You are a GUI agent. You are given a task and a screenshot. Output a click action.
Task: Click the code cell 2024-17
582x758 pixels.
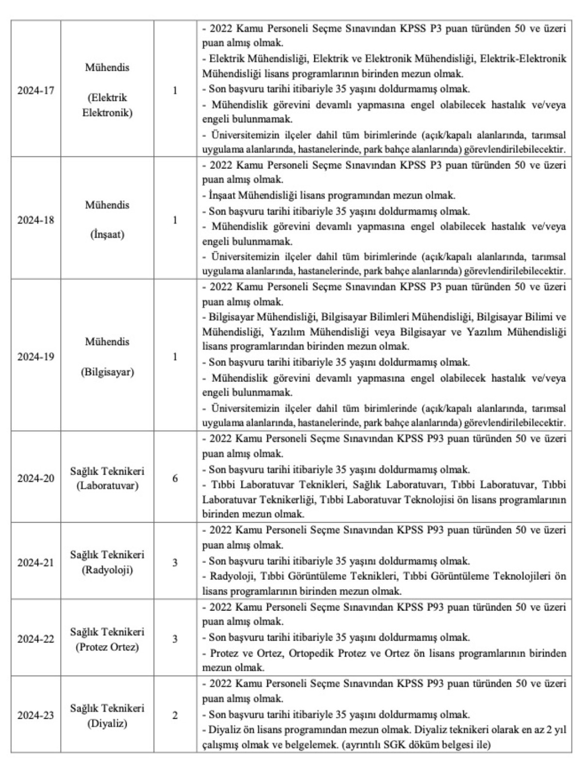point(36,90)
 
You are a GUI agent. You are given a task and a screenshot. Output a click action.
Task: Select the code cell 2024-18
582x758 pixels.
point(36,220)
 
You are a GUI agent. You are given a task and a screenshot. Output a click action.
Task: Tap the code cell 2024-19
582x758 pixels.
point(36,357)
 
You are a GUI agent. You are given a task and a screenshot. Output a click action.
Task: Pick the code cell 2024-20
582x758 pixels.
point(36,478)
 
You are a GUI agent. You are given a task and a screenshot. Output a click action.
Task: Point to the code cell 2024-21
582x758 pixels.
point(36,563)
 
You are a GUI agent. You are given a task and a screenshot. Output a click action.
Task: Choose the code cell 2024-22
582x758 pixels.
point(36,639)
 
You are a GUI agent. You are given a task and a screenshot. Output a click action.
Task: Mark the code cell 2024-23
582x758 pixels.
point(36,716)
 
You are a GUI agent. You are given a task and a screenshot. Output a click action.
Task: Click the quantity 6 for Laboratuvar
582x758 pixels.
point(175,478)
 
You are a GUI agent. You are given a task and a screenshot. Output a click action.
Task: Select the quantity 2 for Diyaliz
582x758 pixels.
point(175,716)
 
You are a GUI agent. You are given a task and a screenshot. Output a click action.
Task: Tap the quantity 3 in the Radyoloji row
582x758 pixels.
point(175,563)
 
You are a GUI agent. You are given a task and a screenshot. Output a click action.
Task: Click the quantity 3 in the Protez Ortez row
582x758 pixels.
point(175,639)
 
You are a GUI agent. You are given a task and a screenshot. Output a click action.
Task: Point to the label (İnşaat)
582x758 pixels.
point(107,235)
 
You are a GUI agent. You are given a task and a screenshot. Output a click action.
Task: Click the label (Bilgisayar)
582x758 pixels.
point(107,372)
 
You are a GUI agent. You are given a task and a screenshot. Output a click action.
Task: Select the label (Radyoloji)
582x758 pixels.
point(107,570)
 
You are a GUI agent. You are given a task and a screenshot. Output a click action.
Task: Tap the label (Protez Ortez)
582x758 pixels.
point(107,647)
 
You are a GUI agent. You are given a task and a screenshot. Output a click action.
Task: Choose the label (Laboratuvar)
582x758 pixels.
point(107,486)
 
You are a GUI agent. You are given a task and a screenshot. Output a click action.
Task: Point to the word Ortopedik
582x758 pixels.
point(310,653)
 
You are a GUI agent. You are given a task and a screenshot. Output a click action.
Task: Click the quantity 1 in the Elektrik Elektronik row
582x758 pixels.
point(175,90)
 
